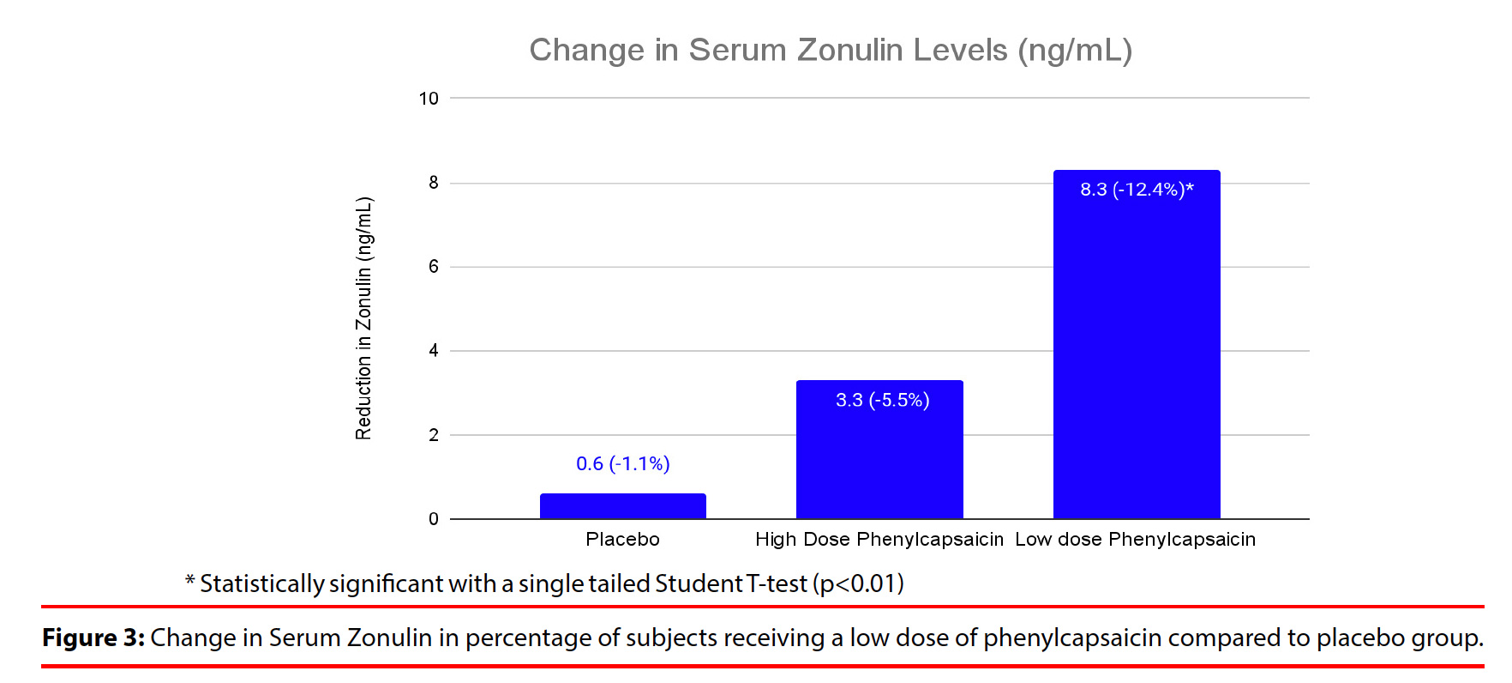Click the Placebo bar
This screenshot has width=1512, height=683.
coord(623,506)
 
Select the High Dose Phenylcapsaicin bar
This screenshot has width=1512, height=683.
coord(879,455)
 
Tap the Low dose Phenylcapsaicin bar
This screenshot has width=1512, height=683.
coord(1137,352)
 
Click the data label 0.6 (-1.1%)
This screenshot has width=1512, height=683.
coord(623,464)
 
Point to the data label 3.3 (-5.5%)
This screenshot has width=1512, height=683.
coord(882,400)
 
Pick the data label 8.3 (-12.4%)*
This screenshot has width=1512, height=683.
coord(1137,190)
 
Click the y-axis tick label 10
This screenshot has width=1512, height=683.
coord(429,99)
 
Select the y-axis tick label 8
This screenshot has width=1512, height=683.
coord(434,183)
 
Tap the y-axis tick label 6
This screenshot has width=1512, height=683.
coord(434,267)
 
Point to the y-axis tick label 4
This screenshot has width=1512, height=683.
coord(434,351)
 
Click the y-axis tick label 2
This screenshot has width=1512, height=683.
coord(434,435)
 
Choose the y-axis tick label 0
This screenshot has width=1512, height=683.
coord(434,519)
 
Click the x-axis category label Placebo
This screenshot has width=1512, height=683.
coord(623,540)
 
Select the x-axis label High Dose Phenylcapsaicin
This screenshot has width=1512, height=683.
coord(879,540)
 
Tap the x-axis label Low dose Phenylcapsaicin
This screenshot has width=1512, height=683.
coord(1136,540)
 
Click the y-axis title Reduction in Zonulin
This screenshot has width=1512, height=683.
coord(364,318)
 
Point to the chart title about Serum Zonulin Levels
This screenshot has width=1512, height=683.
coord(831,51)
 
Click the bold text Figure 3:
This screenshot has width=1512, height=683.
coord(93,638)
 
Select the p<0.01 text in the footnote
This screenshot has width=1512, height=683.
coord(859,584)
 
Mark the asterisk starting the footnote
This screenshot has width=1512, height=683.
coord(190,582)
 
